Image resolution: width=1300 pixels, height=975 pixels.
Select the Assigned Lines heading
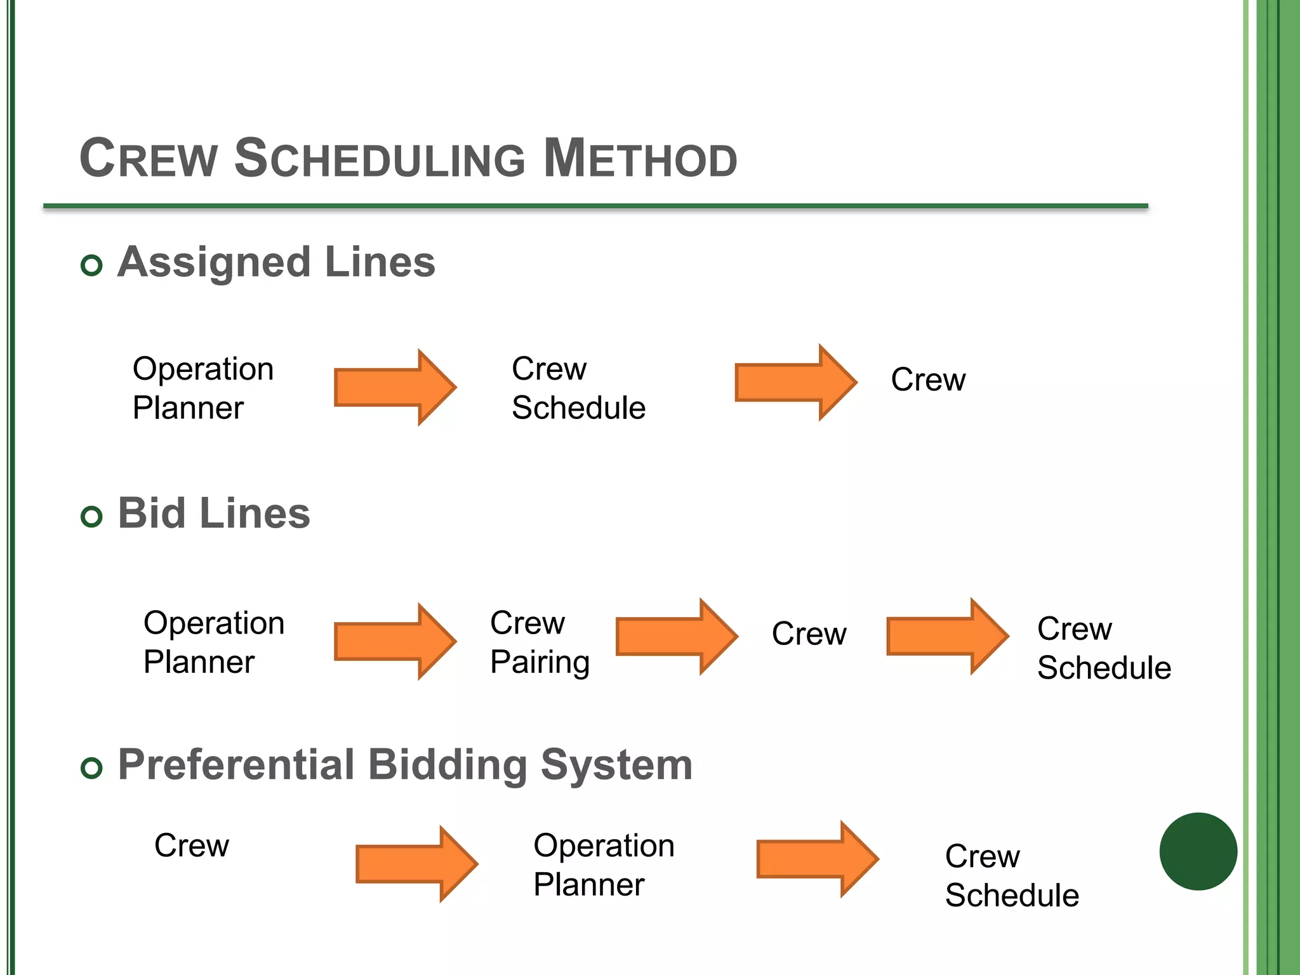point(276,262)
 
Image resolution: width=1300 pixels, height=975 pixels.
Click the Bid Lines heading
point(214,514)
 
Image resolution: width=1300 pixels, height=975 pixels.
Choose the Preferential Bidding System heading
point(405,765)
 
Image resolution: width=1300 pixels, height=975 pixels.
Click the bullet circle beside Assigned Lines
point(92,265)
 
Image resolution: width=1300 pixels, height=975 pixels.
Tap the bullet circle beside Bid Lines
point(92,517)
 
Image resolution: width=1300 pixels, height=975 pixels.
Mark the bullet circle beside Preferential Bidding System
point(92,768)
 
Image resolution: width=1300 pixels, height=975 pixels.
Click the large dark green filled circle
point(1198,851)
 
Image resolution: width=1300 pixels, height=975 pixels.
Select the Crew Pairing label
point(540,642)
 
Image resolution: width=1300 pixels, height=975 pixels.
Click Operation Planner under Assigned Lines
point(202,388)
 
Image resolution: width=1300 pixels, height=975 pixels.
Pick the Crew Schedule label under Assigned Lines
point(578,388)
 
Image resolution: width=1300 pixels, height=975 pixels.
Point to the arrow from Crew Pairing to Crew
point(675,636)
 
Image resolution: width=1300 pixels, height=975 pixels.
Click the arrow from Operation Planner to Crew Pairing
point(394,641)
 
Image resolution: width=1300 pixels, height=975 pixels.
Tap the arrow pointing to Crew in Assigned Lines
point(795,382)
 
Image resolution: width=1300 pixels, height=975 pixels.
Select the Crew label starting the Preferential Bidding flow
point(191,846)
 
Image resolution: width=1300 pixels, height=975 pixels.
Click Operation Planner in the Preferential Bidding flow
point(603,865)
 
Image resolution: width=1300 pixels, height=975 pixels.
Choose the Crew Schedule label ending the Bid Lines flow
point(1103,648)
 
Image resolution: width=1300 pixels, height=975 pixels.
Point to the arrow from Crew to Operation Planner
point(415,863)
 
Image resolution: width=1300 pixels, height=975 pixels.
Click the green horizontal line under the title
point(595,206)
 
